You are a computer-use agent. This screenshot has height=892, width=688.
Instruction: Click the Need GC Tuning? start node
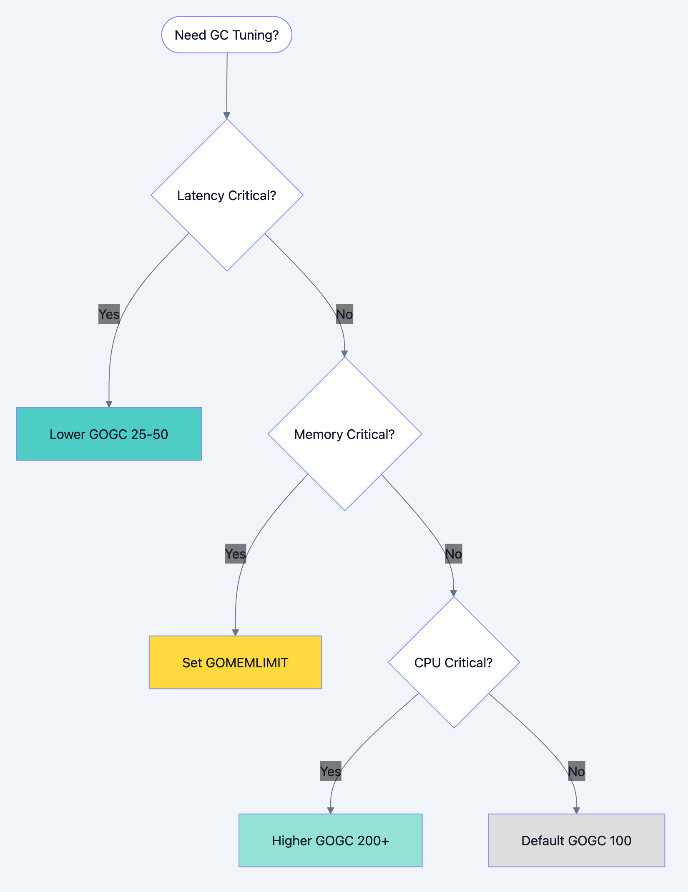[226, 35]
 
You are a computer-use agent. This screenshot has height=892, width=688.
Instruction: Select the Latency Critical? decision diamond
[227, 195]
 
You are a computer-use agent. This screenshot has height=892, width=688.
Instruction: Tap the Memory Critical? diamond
[344, 434]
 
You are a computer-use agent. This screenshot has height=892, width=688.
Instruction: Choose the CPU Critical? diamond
[454, 662]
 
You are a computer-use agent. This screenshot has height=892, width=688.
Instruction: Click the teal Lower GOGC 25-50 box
[109, 434]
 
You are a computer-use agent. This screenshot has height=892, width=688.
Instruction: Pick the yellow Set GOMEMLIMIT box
[235, 662]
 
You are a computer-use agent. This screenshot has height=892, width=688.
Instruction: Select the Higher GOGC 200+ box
[330, 840]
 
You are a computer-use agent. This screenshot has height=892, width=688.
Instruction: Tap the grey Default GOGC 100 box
[576, 840]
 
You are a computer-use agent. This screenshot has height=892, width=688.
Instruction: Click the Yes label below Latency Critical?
[109, 314]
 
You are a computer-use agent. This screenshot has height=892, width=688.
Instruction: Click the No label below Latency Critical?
[344, 314]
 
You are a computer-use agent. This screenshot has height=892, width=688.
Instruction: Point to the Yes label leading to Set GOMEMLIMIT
[235, 554]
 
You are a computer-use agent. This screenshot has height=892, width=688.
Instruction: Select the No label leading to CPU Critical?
[453, 554]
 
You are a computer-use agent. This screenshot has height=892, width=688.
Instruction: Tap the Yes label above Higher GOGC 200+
[330, 771]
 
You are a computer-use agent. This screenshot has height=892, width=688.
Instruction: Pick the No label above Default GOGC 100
[576, 771]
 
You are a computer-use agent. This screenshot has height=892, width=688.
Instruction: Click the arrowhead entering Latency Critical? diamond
[227, 115]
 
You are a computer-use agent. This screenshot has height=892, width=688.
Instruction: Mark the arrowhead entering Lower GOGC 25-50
[109, 404]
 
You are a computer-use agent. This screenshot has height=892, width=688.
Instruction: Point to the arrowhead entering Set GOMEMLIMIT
[235, 632]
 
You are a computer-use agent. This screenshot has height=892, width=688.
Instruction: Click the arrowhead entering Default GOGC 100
[576, 810]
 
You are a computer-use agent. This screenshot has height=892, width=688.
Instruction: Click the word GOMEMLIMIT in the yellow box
[247, 662]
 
